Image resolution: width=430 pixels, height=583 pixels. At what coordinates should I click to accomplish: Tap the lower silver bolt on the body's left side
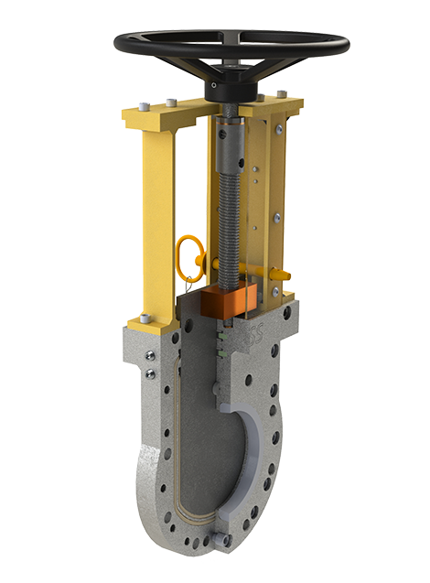(148, 372)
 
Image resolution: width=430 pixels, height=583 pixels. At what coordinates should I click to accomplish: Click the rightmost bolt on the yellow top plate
(281, 92)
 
